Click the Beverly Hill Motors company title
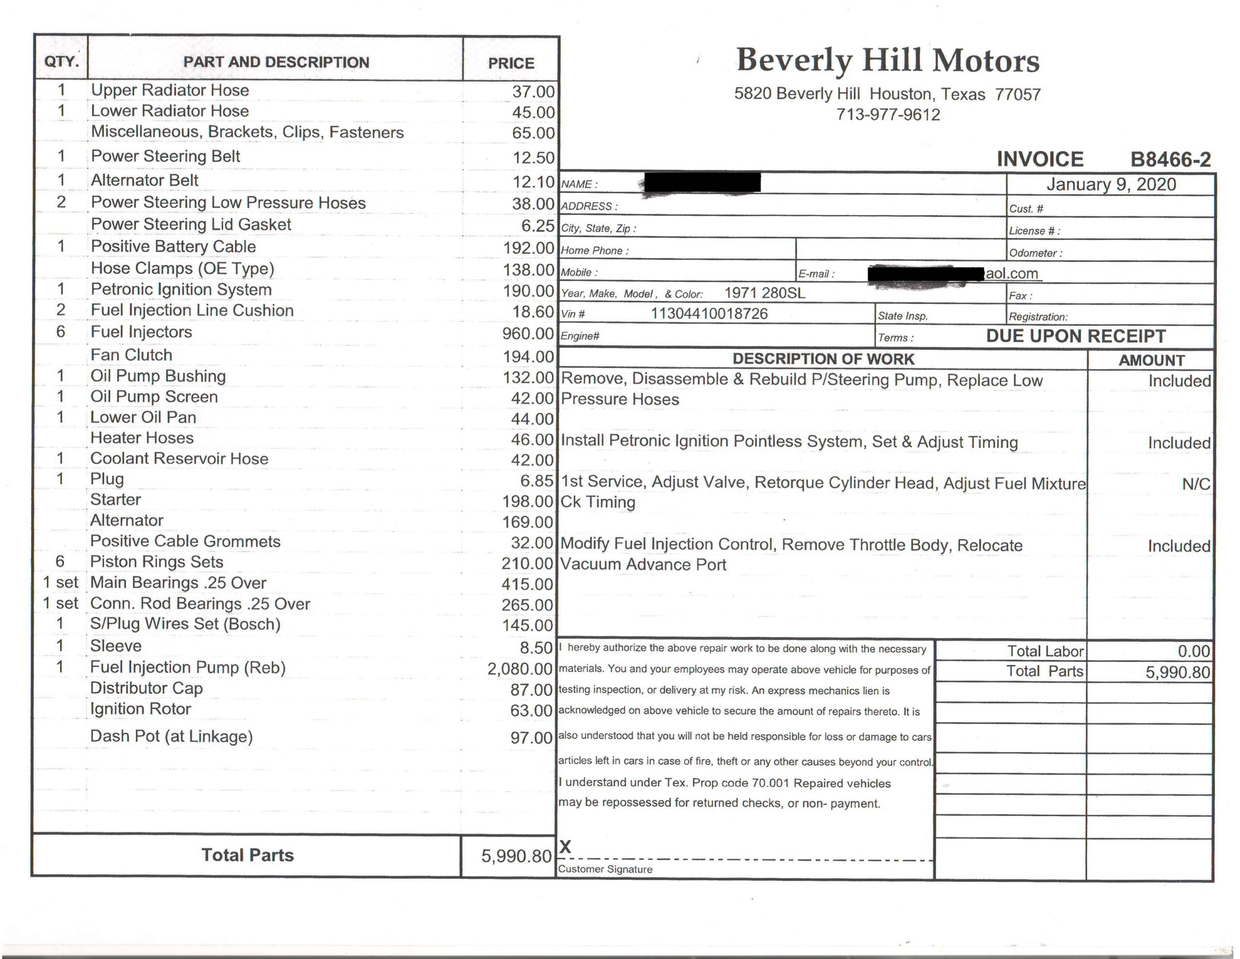[887, 60]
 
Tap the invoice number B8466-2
[1170, 159]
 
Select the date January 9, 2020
[1111, 185]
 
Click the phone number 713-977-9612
[888, 115]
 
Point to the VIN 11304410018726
[709, 314]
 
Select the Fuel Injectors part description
[141, 332]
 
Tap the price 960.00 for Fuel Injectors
[527, 333]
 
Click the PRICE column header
[511, 63]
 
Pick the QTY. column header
[62, 62]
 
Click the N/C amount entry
[1196, 484]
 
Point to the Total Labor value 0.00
[1193, 651]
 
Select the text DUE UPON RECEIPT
[1076, 336]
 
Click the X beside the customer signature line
[565, 847]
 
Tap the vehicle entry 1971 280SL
[764, 293]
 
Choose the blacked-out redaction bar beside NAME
[701, 183]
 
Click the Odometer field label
[1035, 253]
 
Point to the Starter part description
[115, 500]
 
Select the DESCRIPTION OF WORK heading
[823, 359]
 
